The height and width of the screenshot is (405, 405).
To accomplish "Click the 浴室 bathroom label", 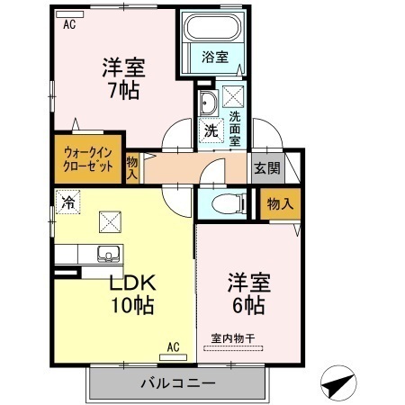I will click(215, 56).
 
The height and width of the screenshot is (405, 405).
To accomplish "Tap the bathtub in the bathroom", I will click(214, 30).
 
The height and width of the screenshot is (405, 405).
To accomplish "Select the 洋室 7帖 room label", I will click(123, 79).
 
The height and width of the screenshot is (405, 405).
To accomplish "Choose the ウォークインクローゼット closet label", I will click(89, 159).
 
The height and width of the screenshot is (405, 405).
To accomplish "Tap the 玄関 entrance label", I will click(266, 167).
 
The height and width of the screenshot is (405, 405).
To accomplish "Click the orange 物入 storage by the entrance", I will click(280, 204).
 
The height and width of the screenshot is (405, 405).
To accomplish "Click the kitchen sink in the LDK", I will click(109, 253).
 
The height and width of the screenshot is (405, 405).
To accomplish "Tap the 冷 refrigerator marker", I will click(67, 202).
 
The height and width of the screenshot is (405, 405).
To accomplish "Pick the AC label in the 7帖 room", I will click(69, 24).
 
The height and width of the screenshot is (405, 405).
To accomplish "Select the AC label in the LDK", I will click(173, 346).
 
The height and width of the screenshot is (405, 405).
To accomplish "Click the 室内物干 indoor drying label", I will click(233, 337).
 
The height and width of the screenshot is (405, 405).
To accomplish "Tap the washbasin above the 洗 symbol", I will click(207, 100).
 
